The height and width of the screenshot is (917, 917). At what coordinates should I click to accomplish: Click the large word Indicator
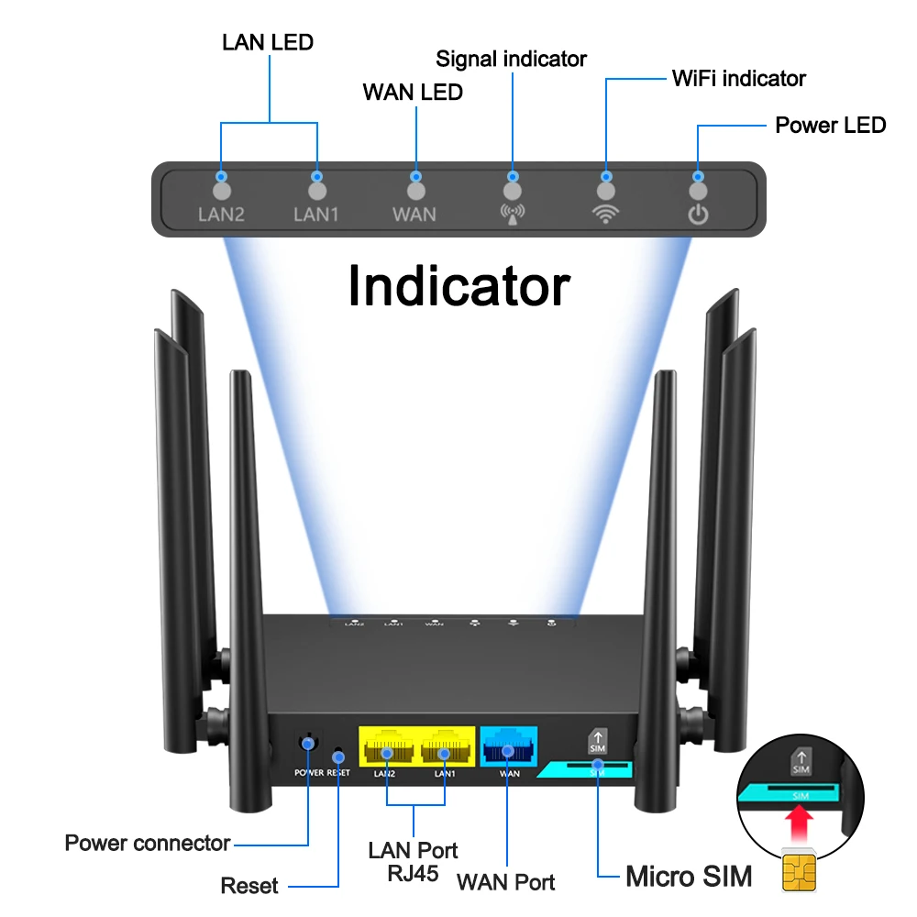click(458, 286)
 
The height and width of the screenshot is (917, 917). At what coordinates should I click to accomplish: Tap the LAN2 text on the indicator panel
click(220, 215)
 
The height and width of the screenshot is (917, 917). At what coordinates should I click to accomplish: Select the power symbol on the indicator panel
click(699, 215)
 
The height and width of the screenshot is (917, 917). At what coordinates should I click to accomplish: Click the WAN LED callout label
click(413, 92)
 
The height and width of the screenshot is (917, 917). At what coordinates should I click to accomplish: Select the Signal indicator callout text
click(511, 59)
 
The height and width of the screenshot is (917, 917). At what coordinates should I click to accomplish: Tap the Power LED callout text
click(830, 125)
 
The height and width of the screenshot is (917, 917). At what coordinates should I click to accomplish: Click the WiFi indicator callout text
click(738, 78)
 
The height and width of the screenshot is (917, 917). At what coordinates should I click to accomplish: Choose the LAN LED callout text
click(268, 42)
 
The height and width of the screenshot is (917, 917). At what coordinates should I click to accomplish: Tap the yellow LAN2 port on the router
click(386, 751)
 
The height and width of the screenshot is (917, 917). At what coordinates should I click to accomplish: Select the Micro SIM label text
click(688, 876)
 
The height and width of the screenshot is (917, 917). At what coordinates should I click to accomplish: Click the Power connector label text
click(148, 843)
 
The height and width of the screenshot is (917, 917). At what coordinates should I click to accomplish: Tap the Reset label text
click(249, 886)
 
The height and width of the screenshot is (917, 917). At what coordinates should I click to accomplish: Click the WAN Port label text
click(505, 883)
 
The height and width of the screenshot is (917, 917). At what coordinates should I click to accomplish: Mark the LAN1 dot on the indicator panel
click(317, 191)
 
